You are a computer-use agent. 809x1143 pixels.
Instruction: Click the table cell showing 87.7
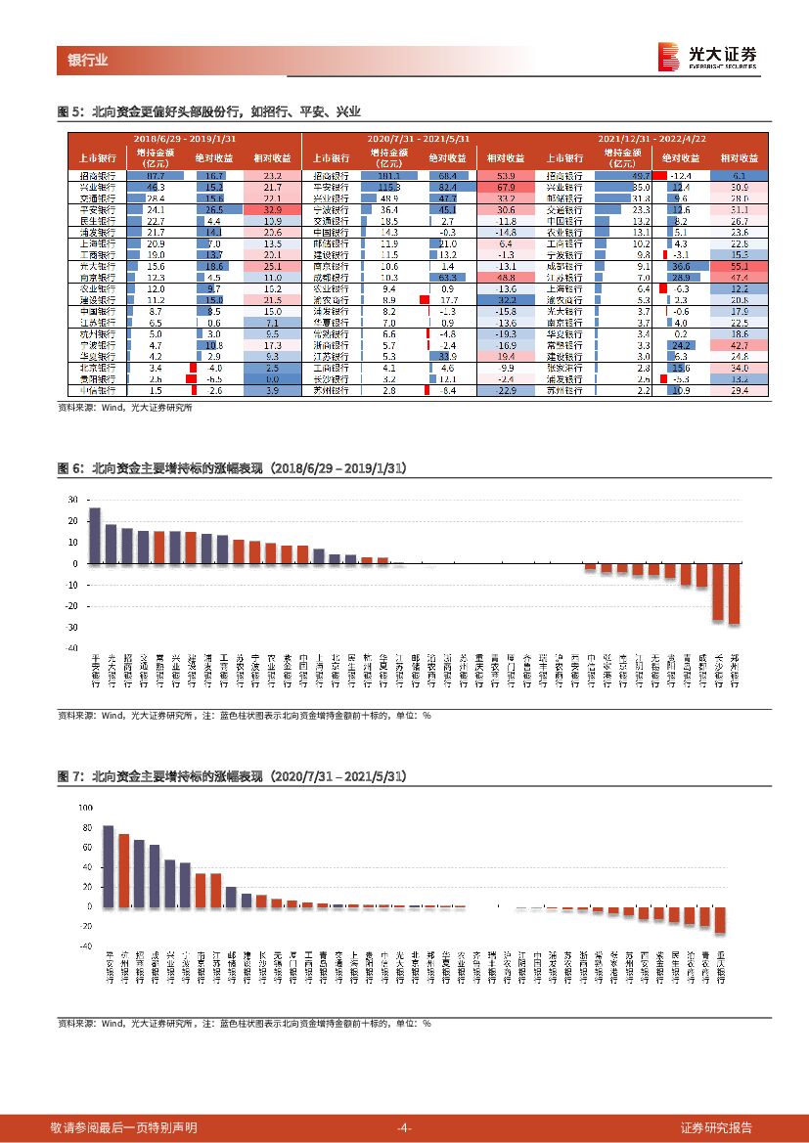(156, 175)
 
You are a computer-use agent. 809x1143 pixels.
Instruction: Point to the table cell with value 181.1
(390, 175)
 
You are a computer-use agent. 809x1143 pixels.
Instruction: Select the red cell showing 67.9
(506, 186)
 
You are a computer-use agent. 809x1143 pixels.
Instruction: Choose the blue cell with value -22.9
(506, 390)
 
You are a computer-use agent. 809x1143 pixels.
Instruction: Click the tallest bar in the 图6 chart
(95, 535)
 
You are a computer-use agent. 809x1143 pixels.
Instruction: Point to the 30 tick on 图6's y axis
(72, 500)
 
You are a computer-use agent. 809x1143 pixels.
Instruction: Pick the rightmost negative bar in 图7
(720, 919)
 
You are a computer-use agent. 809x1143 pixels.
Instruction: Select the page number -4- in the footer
(404, 1127)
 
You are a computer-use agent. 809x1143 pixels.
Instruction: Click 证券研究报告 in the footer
(716, 1127)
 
